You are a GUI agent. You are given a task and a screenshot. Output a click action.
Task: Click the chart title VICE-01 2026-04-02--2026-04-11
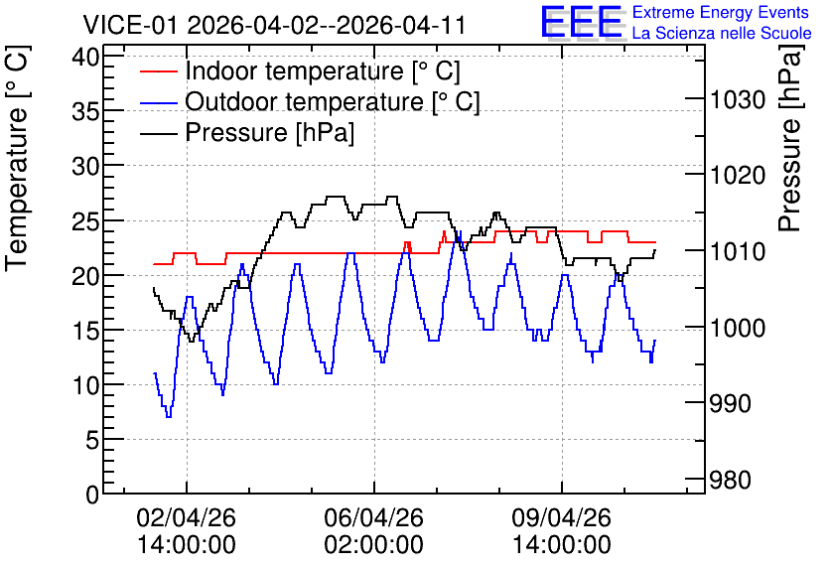274,25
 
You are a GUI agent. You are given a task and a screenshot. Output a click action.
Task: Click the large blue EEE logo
583,22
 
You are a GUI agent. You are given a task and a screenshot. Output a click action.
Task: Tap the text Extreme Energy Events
721,12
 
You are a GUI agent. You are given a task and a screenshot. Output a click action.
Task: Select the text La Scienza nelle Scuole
722,33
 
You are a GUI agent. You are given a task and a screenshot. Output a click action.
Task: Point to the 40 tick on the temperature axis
85,56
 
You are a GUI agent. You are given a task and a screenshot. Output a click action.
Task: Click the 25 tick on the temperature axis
85,220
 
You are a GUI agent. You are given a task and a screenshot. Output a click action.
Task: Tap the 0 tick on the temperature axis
92,495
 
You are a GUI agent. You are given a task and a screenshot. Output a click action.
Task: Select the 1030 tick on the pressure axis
738,99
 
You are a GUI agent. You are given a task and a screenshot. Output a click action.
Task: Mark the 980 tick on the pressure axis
731,480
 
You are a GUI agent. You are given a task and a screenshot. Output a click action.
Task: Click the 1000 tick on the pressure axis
738,328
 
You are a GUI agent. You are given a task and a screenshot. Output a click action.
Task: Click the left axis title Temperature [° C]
17,159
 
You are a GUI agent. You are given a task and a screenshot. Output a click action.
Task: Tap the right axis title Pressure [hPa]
790,138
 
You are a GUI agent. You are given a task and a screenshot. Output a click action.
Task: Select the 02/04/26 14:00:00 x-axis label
187,531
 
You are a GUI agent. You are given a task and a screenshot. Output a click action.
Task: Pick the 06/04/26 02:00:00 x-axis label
373,531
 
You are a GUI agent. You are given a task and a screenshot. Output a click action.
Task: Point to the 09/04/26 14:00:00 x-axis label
562,531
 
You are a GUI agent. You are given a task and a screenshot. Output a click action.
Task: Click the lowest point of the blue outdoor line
169,417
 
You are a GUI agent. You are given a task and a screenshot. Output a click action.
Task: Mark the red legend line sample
158,71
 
